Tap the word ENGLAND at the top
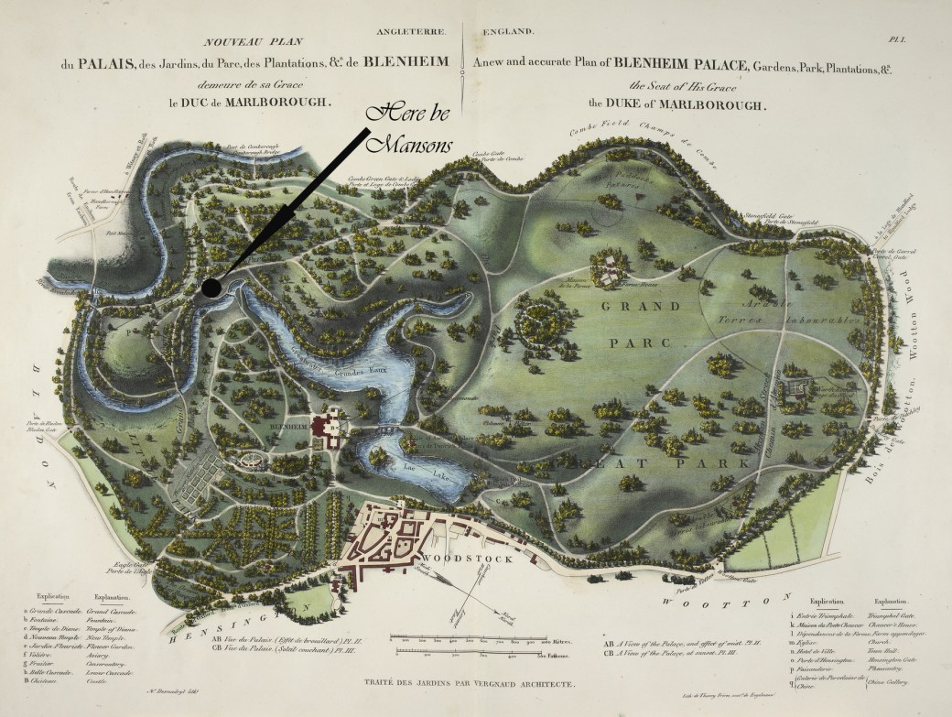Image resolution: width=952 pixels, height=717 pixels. [503, 32]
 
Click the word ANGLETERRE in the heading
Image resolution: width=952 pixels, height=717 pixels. [411, 32]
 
